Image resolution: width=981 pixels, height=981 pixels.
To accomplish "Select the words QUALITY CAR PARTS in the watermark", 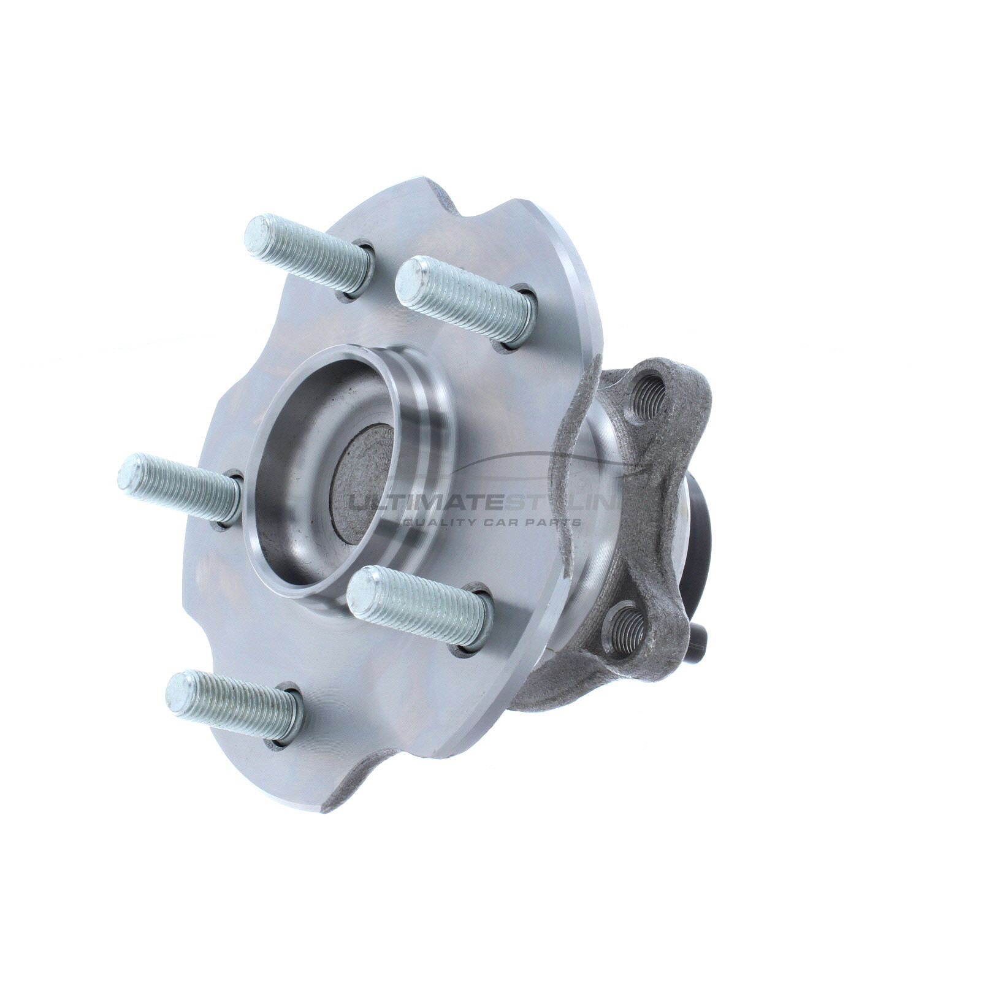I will [490, 523].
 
